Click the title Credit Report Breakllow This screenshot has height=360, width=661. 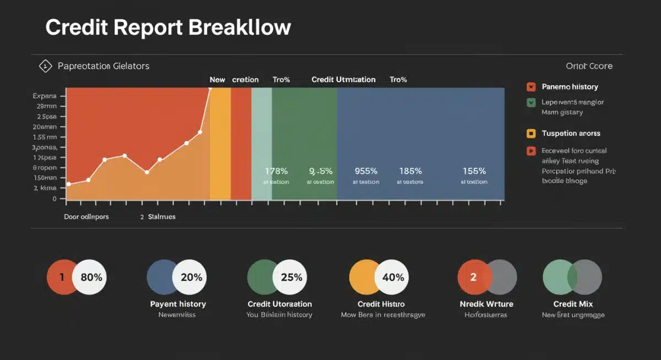click(x=168, y=27)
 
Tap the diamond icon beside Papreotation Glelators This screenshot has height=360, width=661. click(x=45, y=66)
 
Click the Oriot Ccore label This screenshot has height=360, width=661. click(x=589, y=66)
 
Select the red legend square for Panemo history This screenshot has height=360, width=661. click(x=531, y=86)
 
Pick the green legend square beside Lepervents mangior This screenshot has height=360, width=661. click(x=531, y=102)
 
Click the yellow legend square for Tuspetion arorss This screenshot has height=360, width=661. click(x=531, y=133)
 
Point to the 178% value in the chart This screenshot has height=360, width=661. click(x=276, y=171)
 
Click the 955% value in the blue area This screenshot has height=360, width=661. click(x=366, y=171)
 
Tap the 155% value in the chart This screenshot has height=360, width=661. click(x=474, y=171)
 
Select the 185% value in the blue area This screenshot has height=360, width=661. click(x=410, y=171)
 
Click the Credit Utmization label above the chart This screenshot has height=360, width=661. click(x=343, y=80)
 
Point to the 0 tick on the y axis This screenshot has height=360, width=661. click(x=55, y=199)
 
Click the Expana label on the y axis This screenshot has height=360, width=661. click(x=45, y=96)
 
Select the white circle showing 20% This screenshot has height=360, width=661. click(x=191, y=277)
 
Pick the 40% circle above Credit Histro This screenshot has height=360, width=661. click(x=393, y=277)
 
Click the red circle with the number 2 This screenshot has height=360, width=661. click(x=473, y=277)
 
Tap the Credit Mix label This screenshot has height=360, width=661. click(x=573, y=304)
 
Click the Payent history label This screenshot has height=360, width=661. click(x=178, y=304)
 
